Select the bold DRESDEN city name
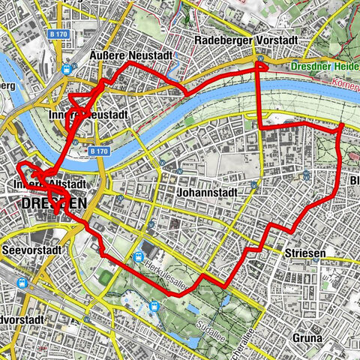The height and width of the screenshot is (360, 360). click(53, 202)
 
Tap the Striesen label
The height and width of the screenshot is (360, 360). click(304, 253)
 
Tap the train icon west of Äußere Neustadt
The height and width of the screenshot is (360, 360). click(67, 67)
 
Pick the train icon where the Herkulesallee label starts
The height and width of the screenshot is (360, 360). click(139, 256)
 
